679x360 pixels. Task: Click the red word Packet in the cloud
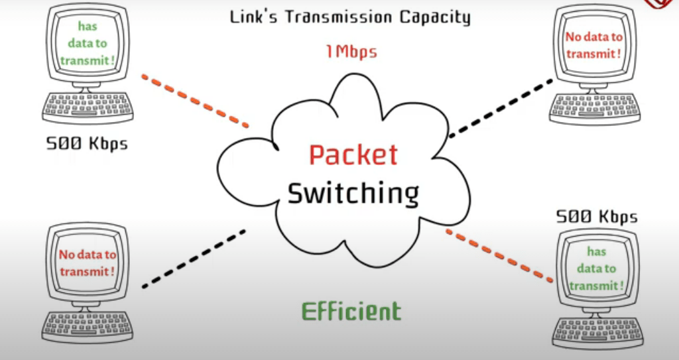point(353,155)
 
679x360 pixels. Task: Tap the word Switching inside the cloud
point(353,194)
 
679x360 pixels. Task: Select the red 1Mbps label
point(351,51)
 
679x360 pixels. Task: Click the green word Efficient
point(351,311)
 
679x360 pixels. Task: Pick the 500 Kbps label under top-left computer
point(87,143)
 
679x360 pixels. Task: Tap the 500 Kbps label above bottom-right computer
point(597,217)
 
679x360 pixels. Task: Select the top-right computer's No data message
point(594,46)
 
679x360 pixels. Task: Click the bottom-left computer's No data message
point(87,263)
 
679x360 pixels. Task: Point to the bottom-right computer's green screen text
point(596,269)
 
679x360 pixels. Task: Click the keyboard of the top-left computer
point(86,106)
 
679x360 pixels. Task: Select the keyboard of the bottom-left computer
point(86,326)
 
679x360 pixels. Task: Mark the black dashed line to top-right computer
point(501,108)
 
